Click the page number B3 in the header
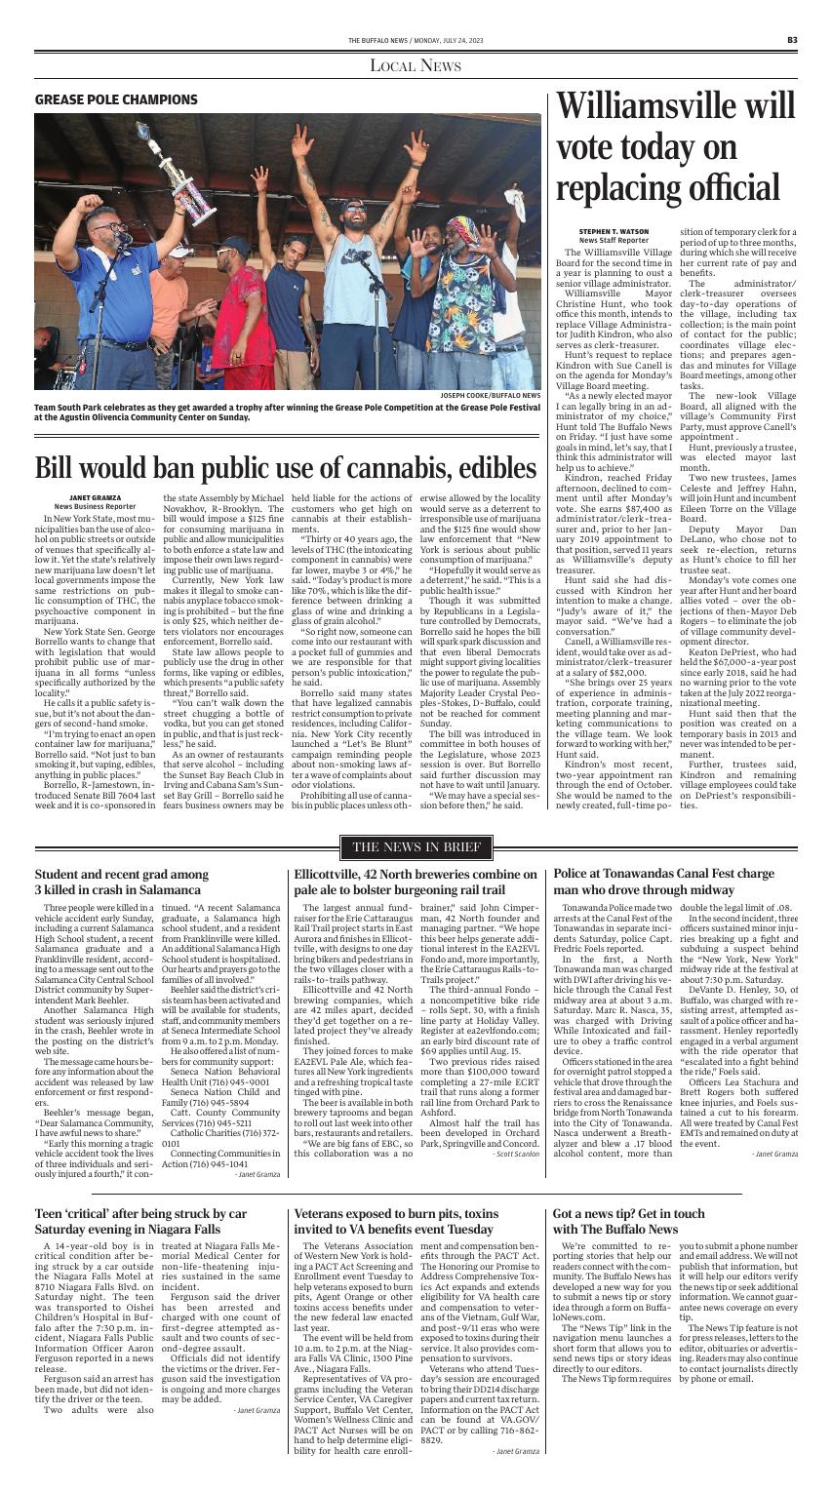(793, 39)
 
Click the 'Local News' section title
(416, 66)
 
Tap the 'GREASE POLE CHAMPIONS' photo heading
(116, 99)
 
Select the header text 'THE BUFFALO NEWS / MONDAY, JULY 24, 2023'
(416, 39)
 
